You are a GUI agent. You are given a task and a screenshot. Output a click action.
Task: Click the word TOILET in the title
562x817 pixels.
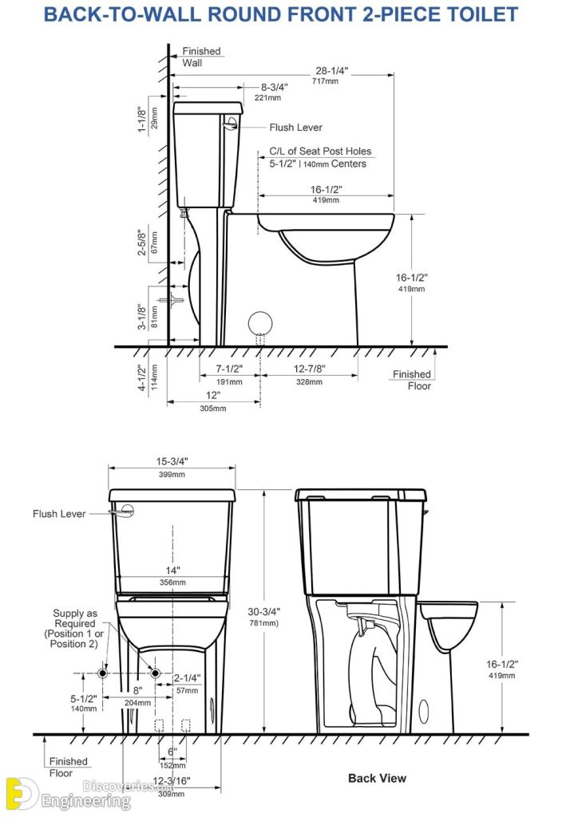click(x=477, y=14)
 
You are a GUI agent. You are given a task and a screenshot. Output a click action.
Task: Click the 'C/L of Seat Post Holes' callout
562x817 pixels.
click(x=319, y=151)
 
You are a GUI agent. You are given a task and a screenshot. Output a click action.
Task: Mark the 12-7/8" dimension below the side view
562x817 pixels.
click(x=309, y=369)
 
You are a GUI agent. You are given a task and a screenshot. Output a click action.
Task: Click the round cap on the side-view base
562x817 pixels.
click(x=260, y=323)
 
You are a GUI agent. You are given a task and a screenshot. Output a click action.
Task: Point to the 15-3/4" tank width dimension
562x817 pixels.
click(x=172, y=462)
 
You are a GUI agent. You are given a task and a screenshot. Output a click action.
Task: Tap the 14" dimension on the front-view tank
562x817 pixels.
click(x=172, y=570)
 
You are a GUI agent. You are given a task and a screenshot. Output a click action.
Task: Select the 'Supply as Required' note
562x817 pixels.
click(x=74, y=628)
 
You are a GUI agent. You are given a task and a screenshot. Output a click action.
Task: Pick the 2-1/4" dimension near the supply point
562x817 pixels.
click(x=187, y=678)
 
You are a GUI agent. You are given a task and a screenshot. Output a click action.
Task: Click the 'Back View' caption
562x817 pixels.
click(x=377, y=778)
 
